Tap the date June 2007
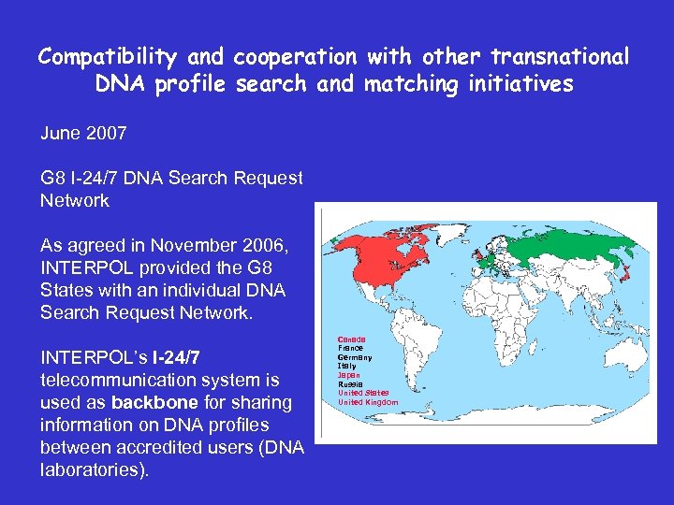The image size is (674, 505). [x=83, y=134]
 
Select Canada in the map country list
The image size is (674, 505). [x=351, y=339]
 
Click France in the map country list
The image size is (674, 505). [x=350, y=348]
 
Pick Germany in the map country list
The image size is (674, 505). [x=355, y=357]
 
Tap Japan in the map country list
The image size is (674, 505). [x=349, y=375]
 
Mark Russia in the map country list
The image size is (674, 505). [x=350, y=384]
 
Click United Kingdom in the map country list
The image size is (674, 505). [x=368, y=402]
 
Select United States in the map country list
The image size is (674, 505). [x=363, y=393]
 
